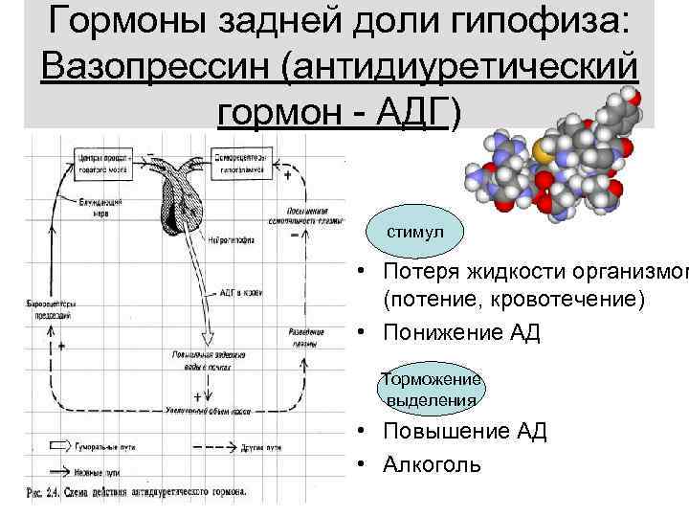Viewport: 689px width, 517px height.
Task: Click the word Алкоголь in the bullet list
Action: (433, 464)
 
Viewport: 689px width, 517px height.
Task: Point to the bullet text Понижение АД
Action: (461, 333)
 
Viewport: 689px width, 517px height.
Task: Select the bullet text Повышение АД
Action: (464, 431)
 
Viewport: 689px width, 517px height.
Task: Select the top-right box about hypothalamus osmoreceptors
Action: (239, 160)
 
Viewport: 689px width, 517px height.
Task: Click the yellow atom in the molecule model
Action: (543, 151)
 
